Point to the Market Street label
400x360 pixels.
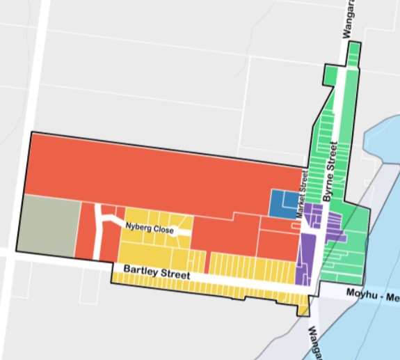303,197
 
